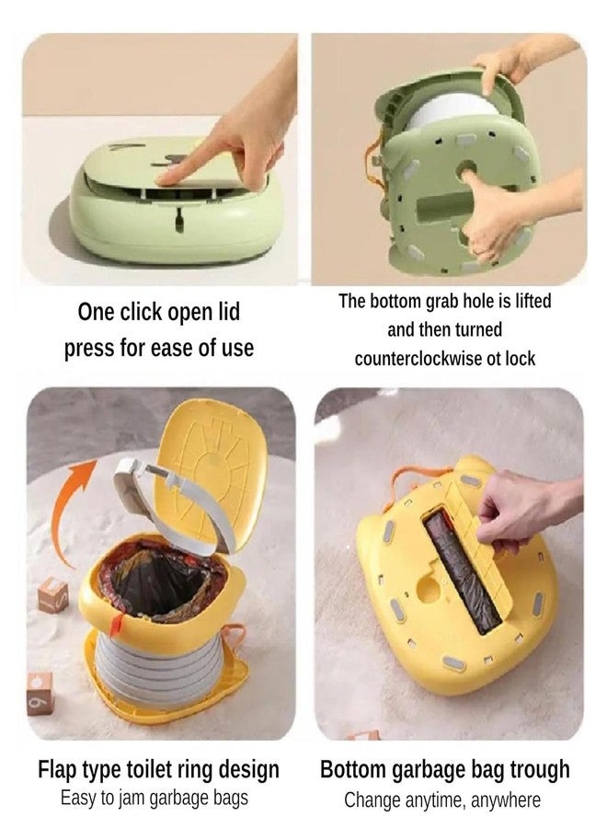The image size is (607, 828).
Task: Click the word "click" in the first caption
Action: tap(143, 312)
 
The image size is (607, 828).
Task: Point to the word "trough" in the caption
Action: tap(534, 769)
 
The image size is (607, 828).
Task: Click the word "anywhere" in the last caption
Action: tap(506, 799)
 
